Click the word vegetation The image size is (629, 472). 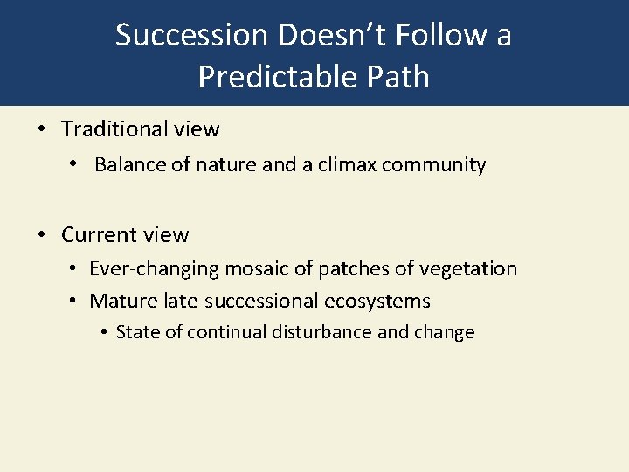click(x=470, y=269)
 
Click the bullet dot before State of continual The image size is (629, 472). click(x=104, y=332)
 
